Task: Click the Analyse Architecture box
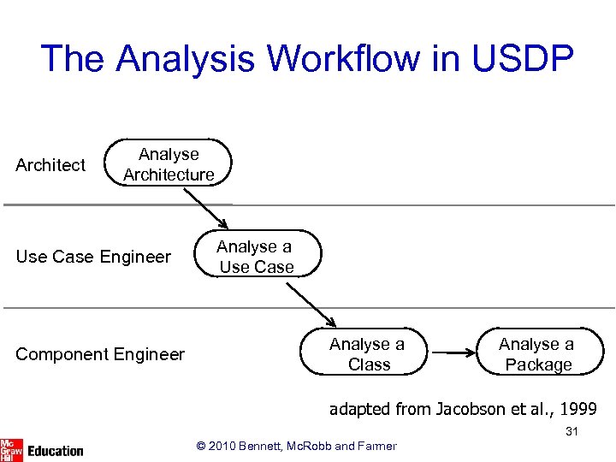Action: [x=169, y=164]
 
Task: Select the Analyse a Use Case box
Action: [x=257, y=256]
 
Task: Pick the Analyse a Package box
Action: [x=538, y=353]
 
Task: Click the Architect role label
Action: [x=50, y=165]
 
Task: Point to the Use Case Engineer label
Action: [x=93, y=257]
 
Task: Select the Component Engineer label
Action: [x=100, y=354]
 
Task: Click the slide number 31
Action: [x=572, y=432]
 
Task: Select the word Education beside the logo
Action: [x=55, y=451]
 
